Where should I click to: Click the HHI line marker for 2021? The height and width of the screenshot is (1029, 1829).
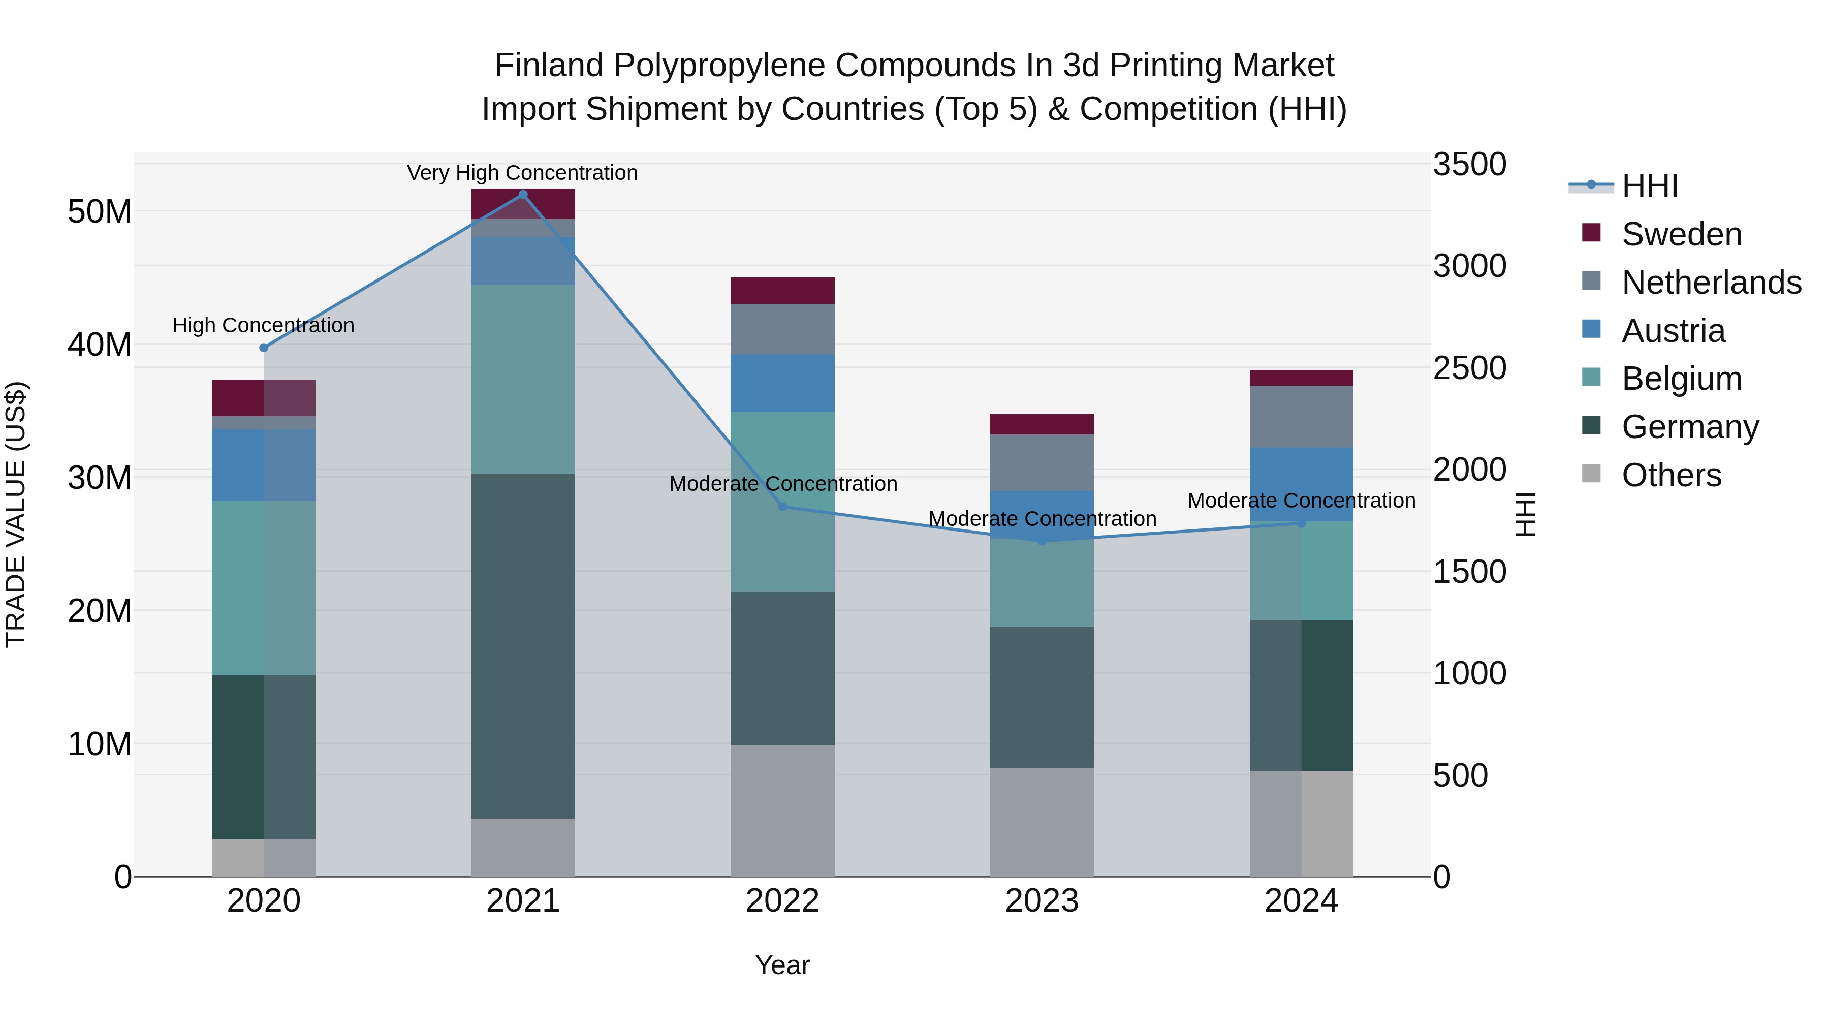523,195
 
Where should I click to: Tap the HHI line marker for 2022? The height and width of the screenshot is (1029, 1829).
782,506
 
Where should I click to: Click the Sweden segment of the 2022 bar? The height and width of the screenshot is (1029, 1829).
782,291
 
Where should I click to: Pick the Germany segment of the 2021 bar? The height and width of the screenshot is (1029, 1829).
523,646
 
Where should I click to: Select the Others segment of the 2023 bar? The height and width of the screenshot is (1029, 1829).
1042,822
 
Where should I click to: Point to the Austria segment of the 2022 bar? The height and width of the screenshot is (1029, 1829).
782,384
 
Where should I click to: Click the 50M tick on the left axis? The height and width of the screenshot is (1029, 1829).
100,211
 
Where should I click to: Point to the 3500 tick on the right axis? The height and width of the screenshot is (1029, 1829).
1469,164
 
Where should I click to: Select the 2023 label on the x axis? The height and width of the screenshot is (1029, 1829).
1042,901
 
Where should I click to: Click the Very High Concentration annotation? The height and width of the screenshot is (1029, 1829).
523,173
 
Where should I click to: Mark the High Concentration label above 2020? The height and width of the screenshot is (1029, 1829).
263,325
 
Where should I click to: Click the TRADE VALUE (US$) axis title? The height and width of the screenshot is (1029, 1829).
16,514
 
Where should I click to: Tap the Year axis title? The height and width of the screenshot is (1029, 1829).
782,965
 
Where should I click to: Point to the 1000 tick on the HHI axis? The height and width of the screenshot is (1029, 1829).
1469,673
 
